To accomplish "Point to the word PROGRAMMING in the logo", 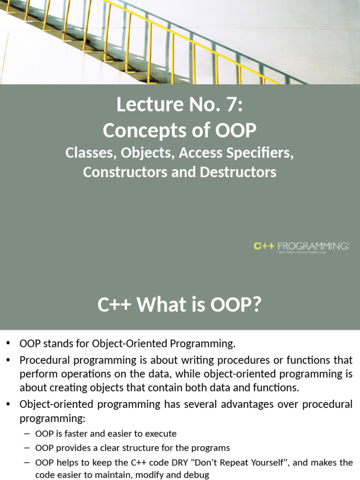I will (x=313, y=246).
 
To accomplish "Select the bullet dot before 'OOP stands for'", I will (x=9, y=344).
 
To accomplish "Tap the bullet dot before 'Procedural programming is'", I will (x=9, y=360).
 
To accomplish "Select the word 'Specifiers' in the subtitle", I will (x=264, y=153).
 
